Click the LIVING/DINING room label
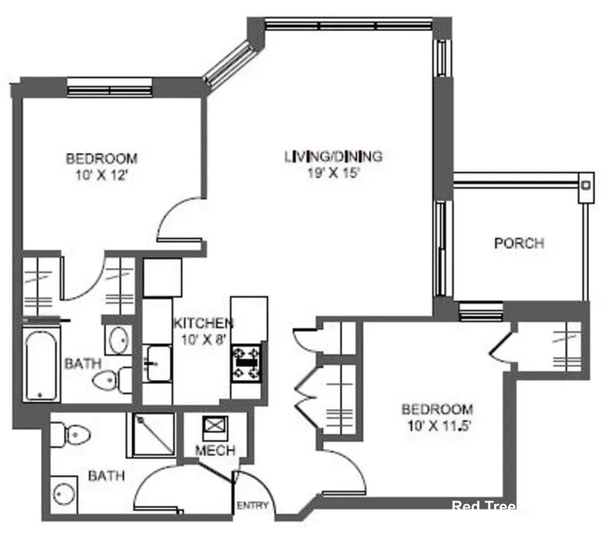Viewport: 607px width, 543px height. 332,157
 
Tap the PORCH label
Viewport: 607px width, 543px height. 518,243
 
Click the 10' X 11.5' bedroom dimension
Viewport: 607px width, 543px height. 437,425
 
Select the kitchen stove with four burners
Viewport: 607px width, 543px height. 247,361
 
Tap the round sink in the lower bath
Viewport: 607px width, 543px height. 64,495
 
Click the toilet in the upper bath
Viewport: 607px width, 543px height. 104,381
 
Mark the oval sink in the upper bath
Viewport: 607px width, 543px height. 119,340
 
